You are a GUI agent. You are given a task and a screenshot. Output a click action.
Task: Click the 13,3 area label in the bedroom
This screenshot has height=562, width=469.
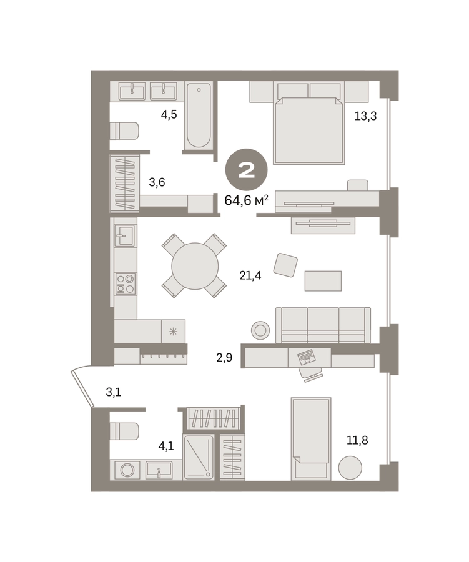[365, 116]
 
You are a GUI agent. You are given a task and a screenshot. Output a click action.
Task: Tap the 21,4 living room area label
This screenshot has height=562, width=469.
[250, 275]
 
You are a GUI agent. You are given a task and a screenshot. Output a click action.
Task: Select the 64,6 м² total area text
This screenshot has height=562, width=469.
[246, 200]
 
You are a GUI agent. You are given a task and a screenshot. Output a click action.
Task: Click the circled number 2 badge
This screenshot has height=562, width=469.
[246, 170]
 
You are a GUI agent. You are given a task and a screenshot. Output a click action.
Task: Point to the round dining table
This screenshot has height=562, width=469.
[195, 266]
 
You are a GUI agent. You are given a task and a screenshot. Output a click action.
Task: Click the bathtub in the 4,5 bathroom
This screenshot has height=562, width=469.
[199, 116]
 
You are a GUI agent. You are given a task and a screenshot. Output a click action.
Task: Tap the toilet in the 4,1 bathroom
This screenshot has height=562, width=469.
[124, 431]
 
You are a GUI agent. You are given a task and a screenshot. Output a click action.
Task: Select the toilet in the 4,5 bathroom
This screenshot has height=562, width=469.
[124, 131]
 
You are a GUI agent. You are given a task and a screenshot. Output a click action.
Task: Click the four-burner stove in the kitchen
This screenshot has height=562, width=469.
[126, 283]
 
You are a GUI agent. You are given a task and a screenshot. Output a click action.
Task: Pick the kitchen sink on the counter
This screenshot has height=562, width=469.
[125, 236]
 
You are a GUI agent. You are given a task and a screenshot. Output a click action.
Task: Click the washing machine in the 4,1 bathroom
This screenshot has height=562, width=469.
[127, 470]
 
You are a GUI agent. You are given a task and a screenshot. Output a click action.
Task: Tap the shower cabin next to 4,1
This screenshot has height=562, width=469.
[199, 457]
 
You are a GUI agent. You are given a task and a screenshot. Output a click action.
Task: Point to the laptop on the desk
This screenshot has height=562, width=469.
[307, 357]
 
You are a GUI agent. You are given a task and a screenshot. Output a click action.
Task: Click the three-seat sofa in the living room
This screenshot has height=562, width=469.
[323, 325]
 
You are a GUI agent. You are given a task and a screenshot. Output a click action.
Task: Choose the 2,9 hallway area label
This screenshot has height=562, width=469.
[224, 358]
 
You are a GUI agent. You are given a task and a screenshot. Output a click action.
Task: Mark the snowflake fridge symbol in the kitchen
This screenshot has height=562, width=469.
[173, 332]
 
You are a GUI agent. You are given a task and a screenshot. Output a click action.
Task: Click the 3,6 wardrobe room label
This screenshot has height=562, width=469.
[157, 182]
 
